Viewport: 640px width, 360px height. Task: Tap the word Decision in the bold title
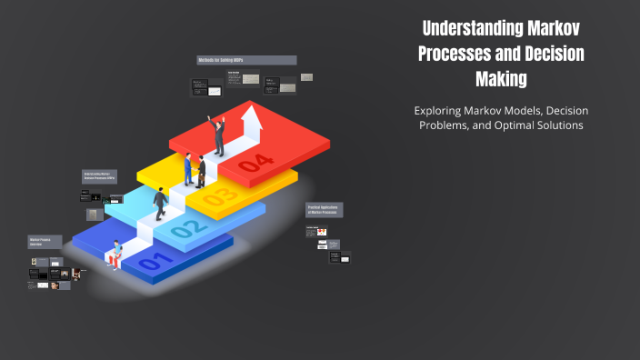(x=547, y=54)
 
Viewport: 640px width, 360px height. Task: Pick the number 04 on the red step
(x=255, y=164)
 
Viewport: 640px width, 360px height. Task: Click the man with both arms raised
(x=217, y=135)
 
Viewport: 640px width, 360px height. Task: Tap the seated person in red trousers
(x=115, y=255)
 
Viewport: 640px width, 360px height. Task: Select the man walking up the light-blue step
(x=161, y=202)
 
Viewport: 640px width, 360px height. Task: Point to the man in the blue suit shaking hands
(x=188, y=168)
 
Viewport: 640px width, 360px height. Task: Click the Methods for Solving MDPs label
(x=246, y=60)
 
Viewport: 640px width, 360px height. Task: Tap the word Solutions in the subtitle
(x=555, y=125)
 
